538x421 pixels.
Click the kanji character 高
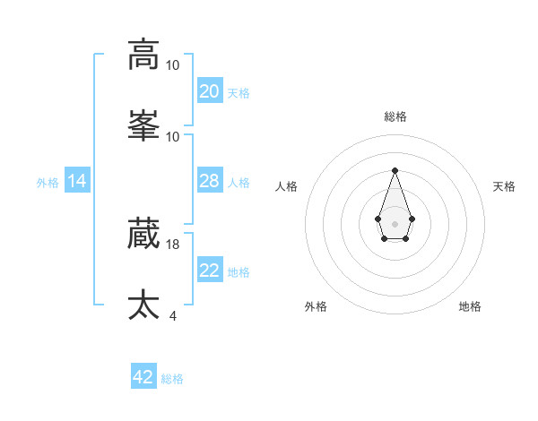pyautogui.click(x=143, y=55)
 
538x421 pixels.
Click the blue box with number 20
pyautogui.click(x=209, y=90)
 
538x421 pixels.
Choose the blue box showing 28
pyautogui.click(x=209, y=181)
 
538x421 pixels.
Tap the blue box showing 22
pyautogui.click(x=209, y=271)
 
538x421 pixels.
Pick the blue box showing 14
pyautogui.click(x=77, y=181)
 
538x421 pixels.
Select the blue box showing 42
pyautogui.click(x=143, y=377)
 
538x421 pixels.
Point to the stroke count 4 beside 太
pyautogui.click(x=173, y=315)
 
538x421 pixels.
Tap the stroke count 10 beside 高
pyautogui.click(x=173, y=65)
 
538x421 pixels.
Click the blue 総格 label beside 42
pyautogui.click(x=172, y=379)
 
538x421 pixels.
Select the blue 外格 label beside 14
pyautogui.click(x=48, y=182)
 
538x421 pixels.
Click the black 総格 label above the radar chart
pyautogui.click(x=395, y=116)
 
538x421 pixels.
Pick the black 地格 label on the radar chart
pyautogui.click(x=470, y=306)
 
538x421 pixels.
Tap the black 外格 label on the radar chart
pyautogui.click(x=316, y=306)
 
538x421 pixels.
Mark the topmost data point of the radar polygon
pyautogui.click(x=395, y=170)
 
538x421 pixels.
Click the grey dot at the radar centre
pyautogui.click(x=395, y=222)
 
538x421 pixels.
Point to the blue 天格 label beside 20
pyautogui.click(x=239, y=93)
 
